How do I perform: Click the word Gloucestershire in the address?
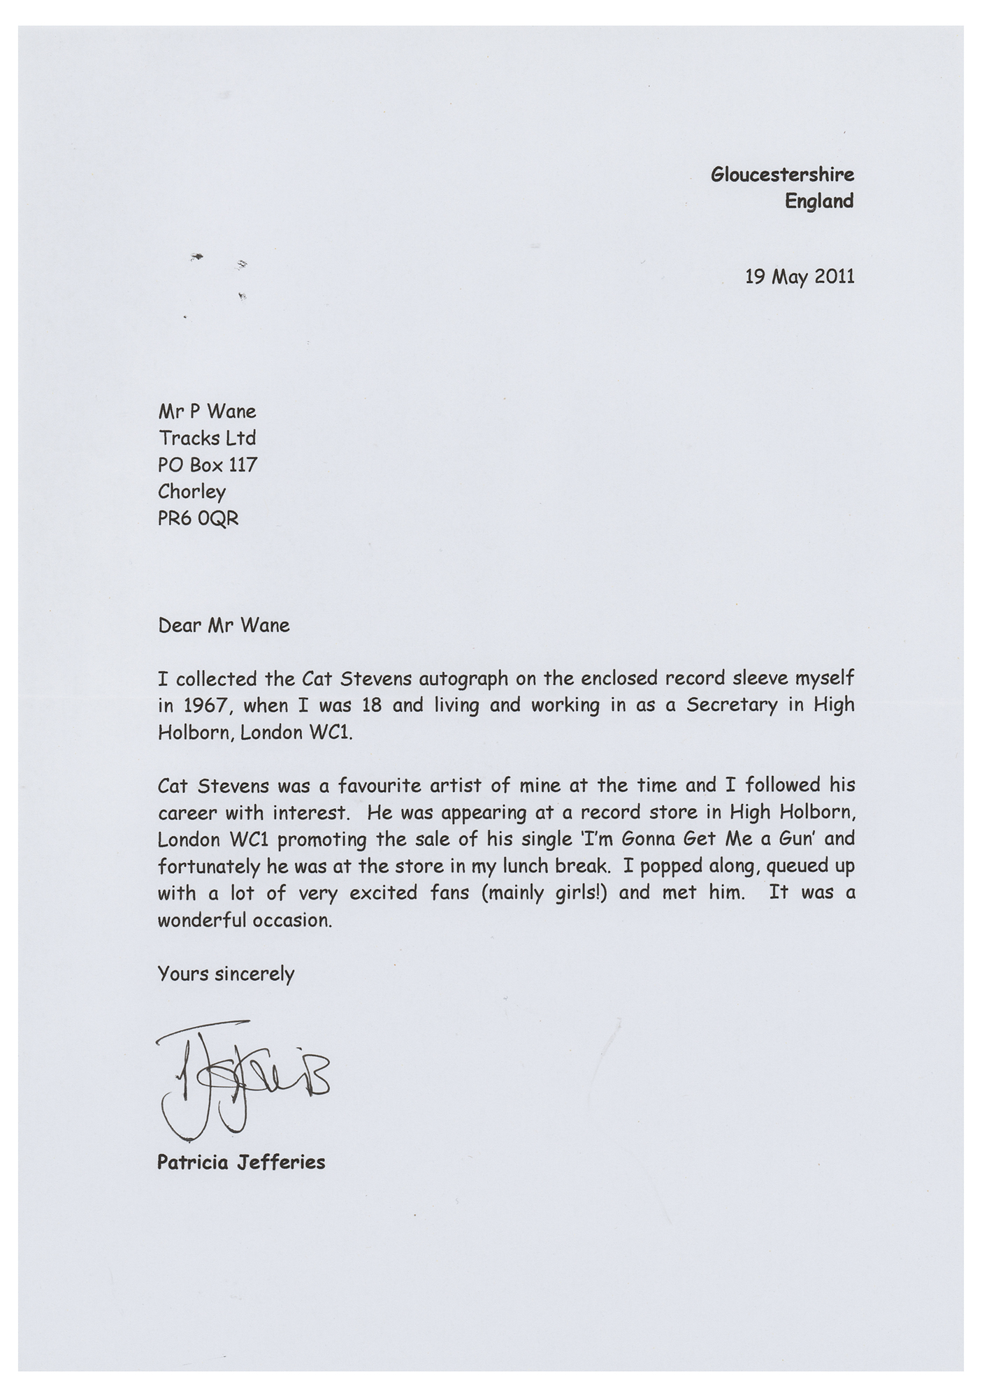(782, 175)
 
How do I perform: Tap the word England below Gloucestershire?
(819, 201)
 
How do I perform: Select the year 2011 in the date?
(833, 277)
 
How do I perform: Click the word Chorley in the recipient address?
(192, 492)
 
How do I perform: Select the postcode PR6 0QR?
(198, 519)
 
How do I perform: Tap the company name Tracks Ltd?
(207, 438)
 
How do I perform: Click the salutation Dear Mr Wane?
(224, 625)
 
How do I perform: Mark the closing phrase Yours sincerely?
(226, 974)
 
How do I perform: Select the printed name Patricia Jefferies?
(241, 1162)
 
